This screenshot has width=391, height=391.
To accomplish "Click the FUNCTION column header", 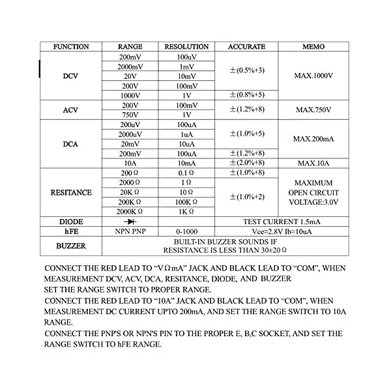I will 71,47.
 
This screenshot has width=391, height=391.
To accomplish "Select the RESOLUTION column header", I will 186,47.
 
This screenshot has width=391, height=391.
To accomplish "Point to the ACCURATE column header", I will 246,47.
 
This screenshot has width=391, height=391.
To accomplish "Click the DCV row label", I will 71,76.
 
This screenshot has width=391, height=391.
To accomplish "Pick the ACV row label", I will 71,109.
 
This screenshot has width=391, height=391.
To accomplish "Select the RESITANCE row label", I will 71,193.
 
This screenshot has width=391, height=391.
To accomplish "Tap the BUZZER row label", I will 71,246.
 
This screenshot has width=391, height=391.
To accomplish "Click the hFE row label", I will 71,231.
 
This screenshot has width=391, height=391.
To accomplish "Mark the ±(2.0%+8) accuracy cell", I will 246,163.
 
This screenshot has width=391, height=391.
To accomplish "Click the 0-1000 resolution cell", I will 186,231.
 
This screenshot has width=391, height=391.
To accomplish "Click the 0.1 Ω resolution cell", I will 186,173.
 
